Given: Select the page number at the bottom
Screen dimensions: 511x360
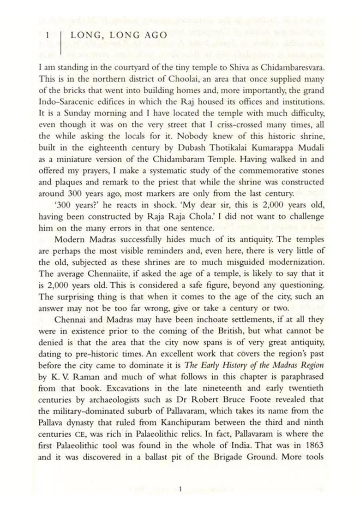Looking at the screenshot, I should coord(181,488).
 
